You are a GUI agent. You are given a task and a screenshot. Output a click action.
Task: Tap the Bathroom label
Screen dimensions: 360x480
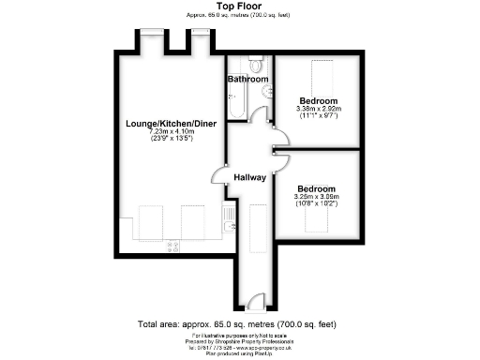coord(247,80)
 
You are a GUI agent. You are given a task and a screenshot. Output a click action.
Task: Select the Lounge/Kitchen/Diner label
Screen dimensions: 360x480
coord(165,123)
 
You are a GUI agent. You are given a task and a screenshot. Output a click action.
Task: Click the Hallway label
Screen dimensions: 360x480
coord(250,177)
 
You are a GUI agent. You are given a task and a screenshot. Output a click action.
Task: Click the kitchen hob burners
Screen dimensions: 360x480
coord(172,247)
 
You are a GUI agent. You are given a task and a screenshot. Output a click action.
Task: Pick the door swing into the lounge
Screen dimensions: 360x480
coord(219,174)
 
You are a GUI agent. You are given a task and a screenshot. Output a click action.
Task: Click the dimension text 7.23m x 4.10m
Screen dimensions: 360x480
coord(165,132)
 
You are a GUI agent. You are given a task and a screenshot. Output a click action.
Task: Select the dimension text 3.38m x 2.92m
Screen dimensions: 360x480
coord(319,109)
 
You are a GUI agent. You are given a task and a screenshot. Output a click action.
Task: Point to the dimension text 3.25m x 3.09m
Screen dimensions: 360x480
coord(316,196)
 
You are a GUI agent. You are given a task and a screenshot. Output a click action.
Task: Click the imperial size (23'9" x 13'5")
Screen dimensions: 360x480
coord(165,141)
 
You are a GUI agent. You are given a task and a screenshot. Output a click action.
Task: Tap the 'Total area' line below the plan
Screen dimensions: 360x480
coord(238,323)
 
